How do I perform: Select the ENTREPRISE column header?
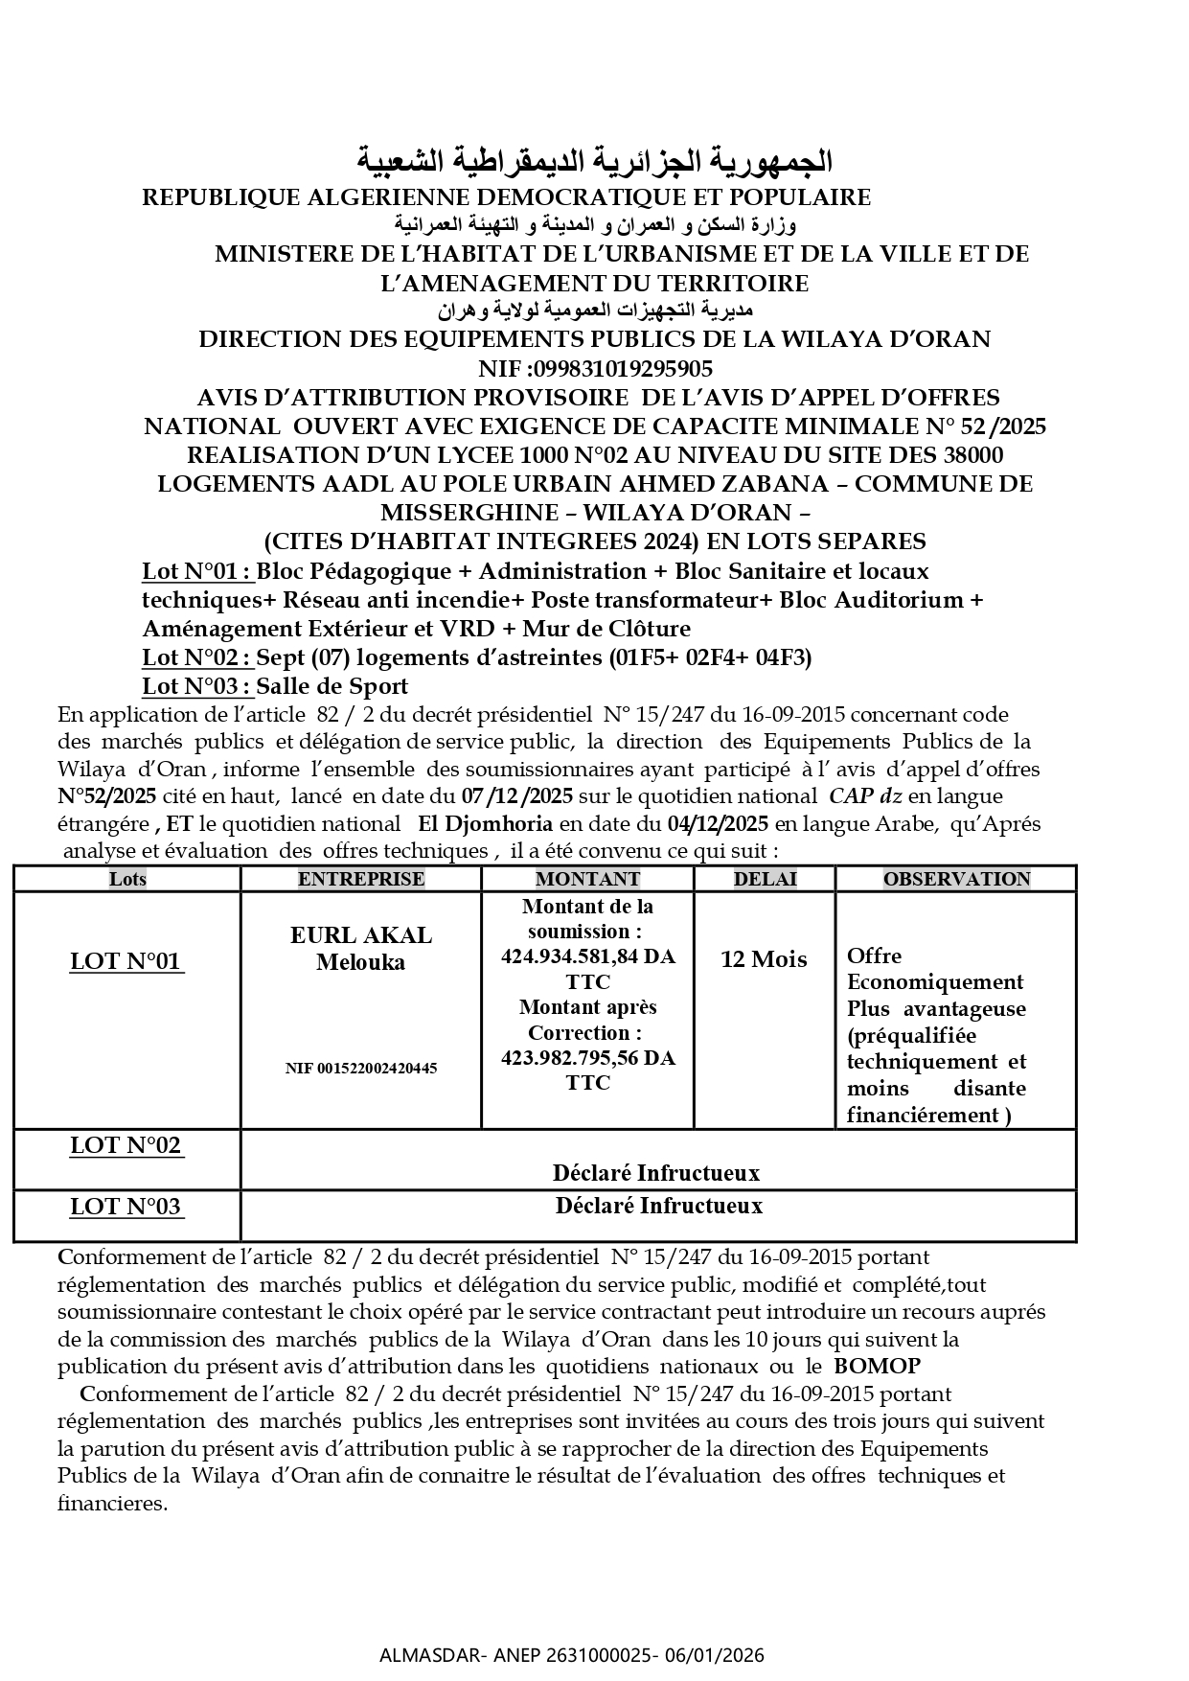(x=360, y=879)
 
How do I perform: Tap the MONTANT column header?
(x=587, y=879)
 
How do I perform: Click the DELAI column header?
(x=765, y=879)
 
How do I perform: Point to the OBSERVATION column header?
(x=956, y=879)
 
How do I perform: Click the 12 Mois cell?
(x=764, y=959)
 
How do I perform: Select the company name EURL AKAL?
(x=361, y=935)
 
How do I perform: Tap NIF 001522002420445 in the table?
(x=361, y=1068)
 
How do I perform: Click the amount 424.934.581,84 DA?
(x=587, y=956)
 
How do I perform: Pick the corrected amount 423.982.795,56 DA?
(x=587, y=1058)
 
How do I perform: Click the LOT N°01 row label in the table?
(x=126, y=961)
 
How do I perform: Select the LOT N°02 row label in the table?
(x=126, y=1145)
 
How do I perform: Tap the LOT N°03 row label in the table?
(x=126, y=1207)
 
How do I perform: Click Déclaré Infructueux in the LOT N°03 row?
(x=658, y=1206)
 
